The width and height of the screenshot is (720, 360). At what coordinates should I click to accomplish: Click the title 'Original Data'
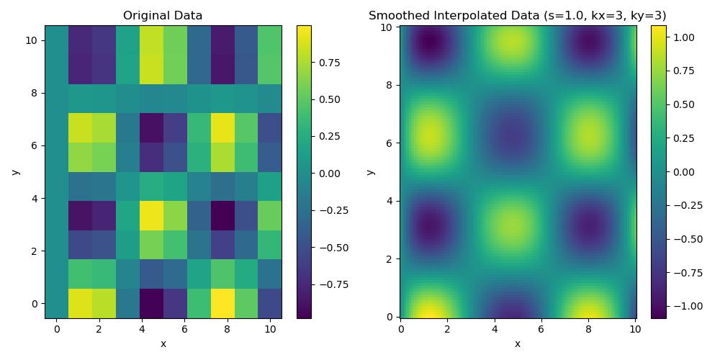pyautogui.click(x=163, y=15)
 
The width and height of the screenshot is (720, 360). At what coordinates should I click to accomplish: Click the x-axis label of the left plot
pyautogui.click(x=163, y=344)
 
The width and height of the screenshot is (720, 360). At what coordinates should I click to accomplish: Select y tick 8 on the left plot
pyautogui.click(x=34, y=93)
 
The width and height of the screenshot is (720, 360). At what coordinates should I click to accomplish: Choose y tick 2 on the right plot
pyautogui.click(x=390, y=258)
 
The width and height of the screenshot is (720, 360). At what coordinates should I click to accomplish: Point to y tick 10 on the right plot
pyautogui.click(x=387, y=27)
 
